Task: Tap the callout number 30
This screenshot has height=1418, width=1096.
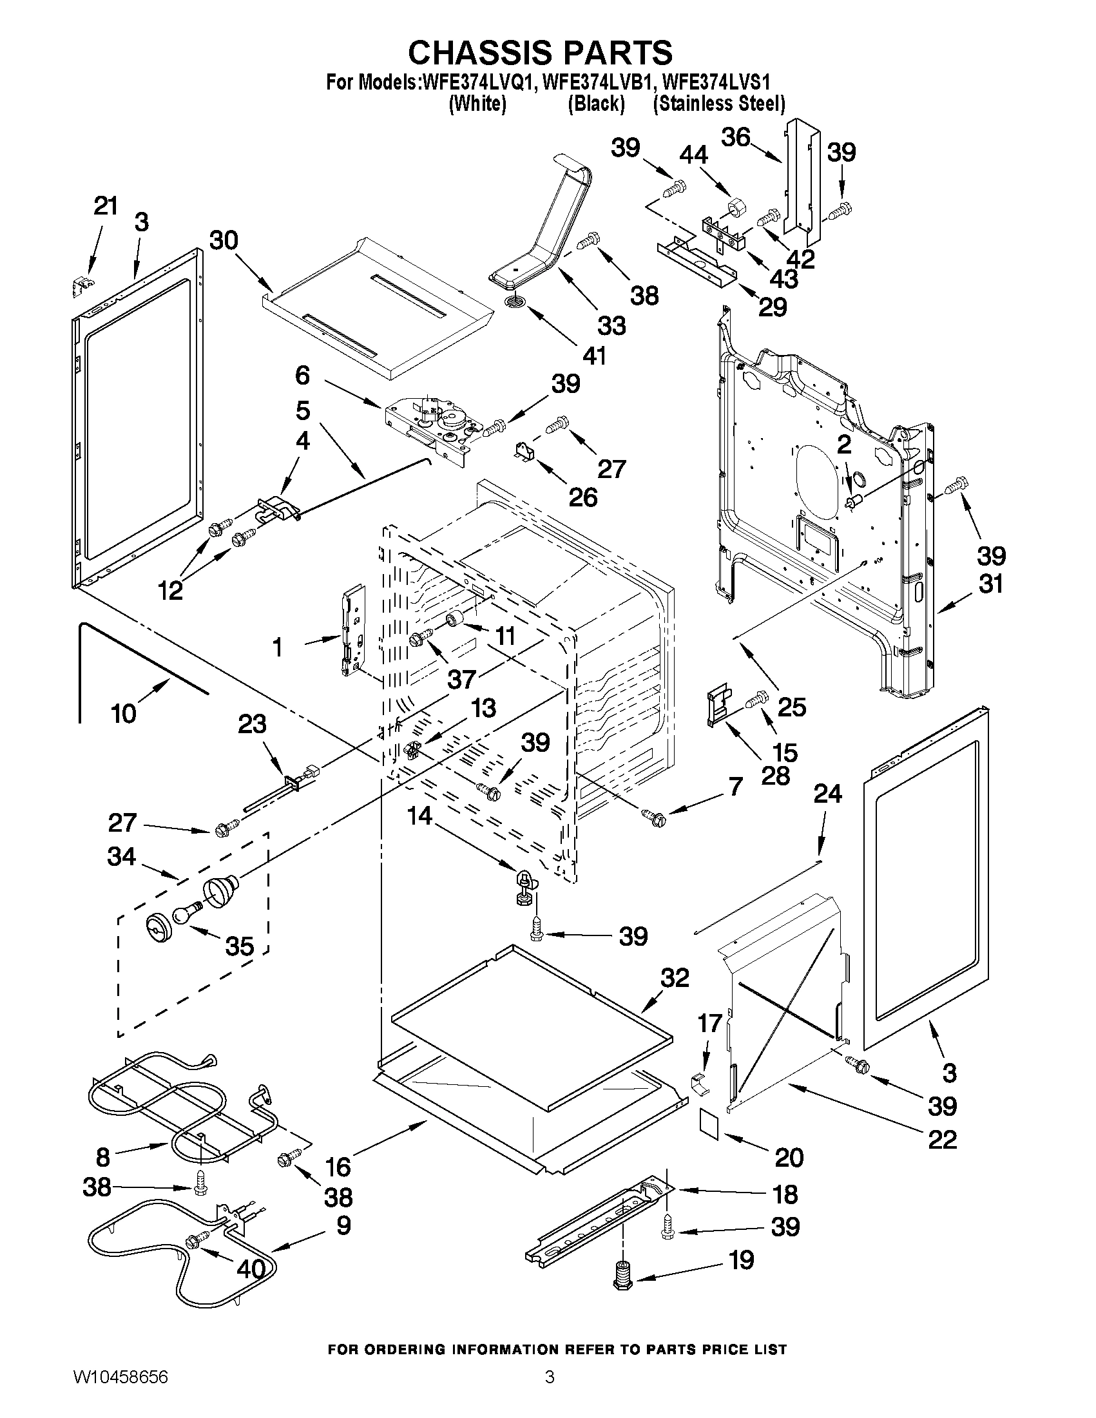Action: [224, 240]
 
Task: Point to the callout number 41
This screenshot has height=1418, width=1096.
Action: [594, 355]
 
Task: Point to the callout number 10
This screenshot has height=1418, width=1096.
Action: [123, 714]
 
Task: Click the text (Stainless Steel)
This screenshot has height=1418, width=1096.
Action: [719, 103]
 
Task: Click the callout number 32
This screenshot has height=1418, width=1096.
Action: [675, 995]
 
